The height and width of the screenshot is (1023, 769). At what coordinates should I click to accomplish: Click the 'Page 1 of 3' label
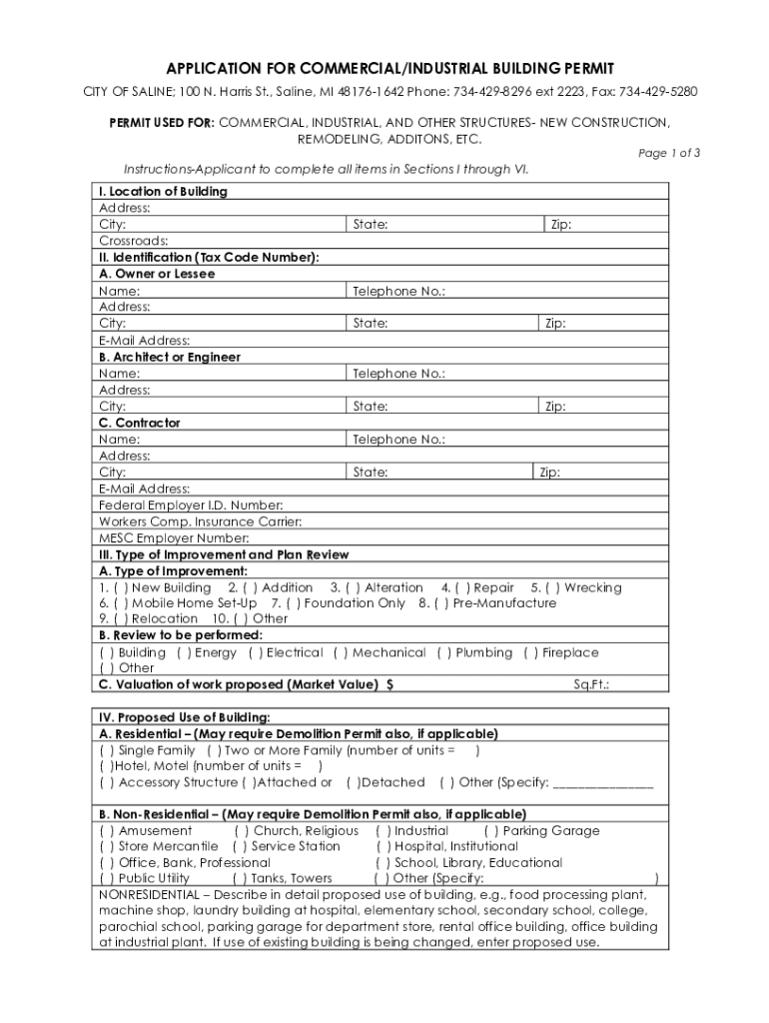pos(668,153)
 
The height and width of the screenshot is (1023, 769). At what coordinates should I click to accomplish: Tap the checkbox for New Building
pos(119,587)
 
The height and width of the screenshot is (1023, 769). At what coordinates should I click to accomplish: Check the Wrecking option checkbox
pos(550,587)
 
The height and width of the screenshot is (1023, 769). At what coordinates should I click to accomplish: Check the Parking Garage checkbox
pos(490,830)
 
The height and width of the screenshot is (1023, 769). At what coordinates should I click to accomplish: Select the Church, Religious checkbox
pos(241,830)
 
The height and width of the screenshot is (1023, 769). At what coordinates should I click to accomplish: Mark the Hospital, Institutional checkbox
pos(383,846)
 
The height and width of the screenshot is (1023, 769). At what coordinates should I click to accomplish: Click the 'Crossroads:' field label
pos(134,241)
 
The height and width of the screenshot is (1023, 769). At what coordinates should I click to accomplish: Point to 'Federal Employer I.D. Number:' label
pos(191,506)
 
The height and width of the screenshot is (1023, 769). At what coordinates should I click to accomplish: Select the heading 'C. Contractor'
pos(140,423)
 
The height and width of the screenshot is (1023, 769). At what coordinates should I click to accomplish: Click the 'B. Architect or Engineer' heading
pos(170,357)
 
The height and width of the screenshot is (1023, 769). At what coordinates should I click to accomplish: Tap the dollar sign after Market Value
pos(389,684)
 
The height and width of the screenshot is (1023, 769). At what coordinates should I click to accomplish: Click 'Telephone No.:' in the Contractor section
pos(398,440)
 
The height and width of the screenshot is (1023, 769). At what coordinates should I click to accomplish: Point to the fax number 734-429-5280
pos(658,92)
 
